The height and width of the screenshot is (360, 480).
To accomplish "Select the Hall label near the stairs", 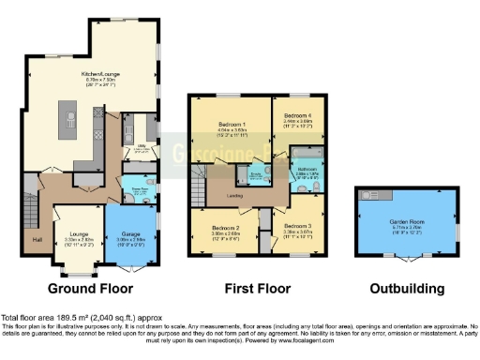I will [x=37, y=240].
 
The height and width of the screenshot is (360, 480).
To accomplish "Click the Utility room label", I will [x=142, y=145].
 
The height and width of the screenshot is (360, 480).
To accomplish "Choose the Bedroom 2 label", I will [x=226, y=228].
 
